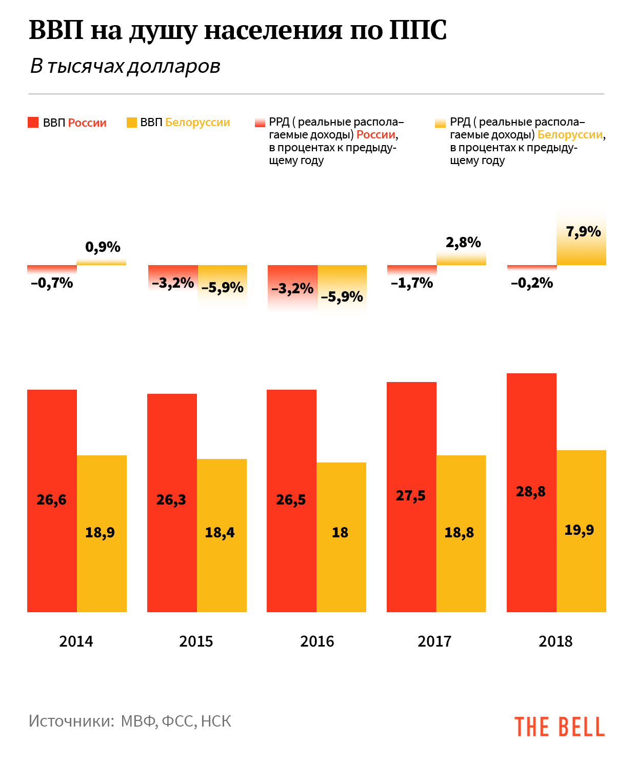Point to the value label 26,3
coord(171,499)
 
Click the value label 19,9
coord(579,530)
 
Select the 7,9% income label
coord(583,232)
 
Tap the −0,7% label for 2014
coord(52,283)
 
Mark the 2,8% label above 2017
coord(463,243)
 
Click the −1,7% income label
coord(412,283)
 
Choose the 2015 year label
coord(196,641)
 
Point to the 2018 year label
coord(555,641)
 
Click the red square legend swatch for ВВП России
coord(33,123)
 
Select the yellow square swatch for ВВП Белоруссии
coord(131,123)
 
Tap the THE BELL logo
coord(560,727)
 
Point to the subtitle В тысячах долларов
coord(125,66)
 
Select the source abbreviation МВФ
coord(139,721)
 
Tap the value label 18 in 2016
coord(340,533)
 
